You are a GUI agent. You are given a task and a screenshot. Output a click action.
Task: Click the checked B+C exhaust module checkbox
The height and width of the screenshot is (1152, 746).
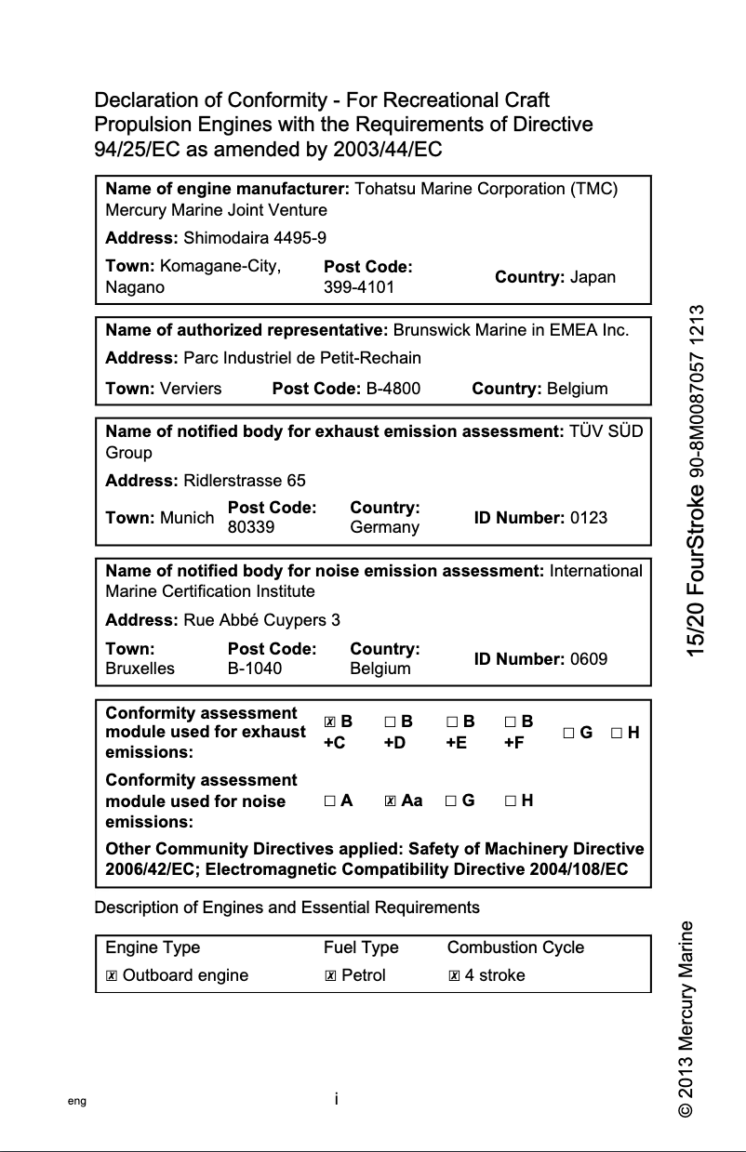330,722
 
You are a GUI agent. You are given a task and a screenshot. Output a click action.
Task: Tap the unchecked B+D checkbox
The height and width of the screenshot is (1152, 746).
390,722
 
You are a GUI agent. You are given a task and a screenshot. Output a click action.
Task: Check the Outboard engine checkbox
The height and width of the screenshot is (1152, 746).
112,975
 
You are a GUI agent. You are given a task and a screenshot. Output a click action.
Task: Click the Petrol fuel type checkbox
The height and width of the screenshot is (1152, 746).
330,975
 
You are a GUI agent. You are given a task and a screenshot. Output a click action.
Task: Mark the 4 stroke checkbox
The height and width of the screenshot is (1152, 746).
454,975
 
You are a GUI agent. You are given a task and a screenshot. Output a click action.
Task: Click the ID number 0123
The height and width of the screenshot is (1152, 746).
588,518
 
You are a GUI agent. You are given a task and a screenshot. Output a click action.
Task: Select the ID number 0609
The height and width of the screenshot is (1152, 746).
588,659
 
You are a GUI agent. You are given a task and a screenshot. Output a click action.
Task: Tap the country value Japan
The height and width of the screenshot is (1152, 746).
593,277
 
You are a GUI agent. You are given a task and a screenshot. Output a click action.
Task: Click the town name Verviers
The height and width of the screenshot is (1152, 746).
191,389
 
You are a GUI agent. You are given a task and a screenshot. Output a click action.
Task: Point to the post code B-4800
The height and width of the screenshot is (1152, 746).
393,389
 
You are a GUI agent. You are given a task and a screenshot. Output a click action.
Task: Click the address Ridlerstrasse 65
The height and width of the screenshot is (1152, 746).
245,481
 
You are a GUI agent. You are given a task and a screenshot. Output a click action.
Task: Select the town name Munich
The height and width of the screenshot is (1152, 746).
187,518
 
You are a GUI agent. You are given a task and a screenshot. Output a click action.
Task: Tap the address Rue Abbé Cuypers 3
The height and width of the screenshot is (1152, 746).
262,620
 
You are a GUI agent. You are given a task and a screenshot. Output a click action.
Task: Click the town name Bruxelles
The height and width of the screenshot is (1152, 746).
140,669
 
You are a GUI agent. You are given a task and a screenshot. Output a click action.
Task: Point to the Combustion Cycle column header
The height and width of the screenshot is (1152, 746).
515,947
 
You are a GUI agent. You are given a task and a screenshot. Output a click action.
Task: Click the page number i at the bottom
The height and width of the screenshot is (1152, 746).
336,1099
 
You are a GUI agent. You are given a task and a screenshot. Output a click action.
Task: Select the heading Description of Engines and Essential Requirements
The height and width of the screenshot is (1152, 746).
287,907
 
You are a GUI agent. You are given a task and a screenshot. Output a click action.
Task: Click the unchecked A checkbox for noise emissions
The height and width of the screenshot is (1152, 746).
330,801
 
